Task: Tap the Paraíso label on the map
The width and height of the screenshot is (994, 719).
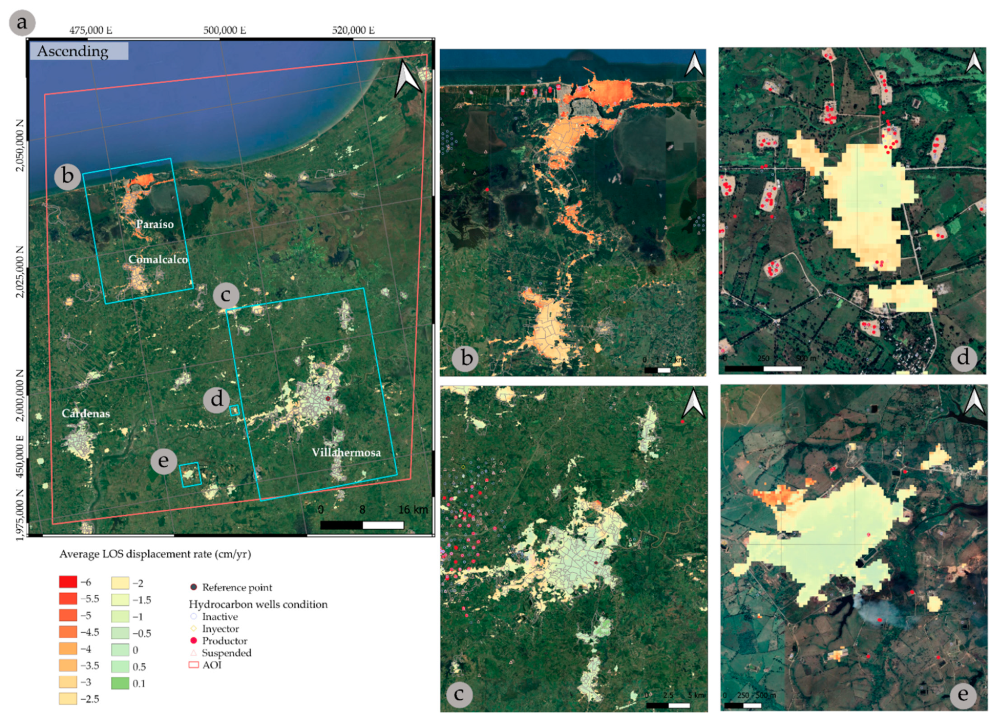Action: (x=155, y=224)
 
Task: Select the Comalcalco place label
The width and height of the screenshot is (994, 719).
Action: (x=158, y=259)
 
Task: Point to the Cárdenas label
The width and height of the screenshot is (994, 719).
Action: (x=86, y=413)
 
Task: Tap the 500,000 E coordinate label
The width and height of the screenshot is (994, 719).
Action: (x=224, y=30)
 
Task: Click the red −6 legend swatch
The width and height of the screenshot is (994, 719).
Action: (x=68, y=582)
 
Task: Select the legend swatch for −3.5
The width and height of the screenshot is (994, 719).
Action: (x=68, y=665)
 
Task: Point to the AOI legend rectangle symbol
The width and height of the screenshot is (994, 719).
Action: (x=193, y=665)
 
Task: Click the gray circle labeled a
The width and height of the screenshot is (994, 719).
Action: (x=22, y=23)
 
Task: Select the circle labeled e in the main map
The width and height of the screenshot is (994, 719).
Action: (x=164, y=461)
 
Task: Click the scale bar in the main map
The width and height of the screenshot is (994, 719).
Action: (x=362, y=525)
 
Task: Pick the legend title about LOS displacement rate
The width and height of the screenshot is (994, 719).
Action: (x=155, y=554)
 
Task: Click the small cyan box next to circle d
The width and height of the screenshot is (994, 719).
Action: (x=234, y=411)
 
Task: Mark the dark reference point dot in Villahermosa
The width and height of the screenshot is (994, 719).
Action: (x=328, y=399)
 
